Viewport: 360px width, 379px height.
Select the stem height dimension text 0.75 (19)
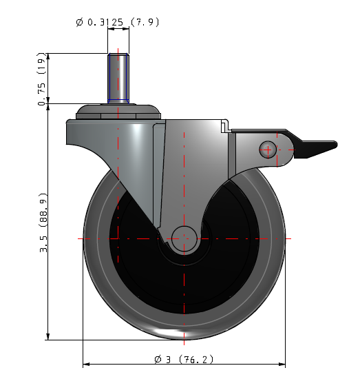pyautogui.click(x=43, y=81)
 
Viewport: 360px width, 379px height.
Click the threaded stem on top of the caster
pyautogui.click(x=118, y=76)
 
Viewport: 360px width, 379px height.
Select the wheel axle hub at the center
pyautogui.click(x=184, y=238)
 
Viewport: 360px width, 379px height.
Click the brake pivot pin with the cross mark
pyautogui.click(x=268, y=150)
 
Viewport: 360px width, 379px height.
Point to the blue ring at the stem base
pyautogui.click(x=118, y=101)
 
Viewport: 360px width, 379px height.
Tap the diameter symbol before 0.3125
pyautogui.click(x=80, y=23)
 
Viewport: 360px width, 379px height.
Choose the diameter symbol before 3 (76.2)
pyautogui.click(x=158, y=359)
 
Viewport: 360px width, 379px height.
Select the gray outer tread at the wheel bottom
pyautogui.click(x=184, y=331)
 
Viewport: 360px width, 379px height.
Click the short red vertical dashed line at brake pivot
pyautogui.click(x=277, y=150)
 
